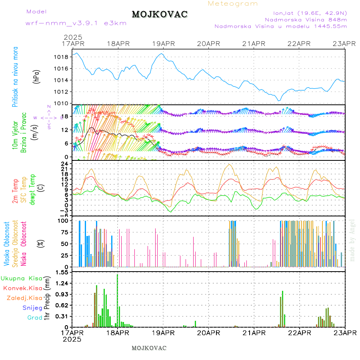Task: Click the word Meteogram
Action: [x=233, y=4]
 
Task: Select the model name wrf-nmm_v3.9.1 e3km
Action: [x=76, y=23]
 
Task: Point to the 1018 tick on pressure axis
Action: [x=60, y=57]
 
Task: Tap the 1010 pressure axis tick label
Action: [x=60, y=104]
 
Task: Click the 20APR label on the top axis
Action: [x=209, y=44]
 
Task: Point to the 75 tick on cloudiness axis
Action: [x=63, y=232]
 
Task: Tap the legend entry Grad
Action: [x=34, y=318]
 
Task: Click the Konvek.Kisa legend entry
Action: [x=22, y=288]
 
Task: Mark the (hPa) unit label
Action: [x=36, y=76]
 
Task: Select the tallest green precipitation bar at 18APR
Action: [x=117, y=300]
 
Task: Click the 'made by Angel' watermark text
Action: [x=352, y=240]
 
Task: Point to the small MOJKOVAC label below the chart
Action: [x=149, y=348]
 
